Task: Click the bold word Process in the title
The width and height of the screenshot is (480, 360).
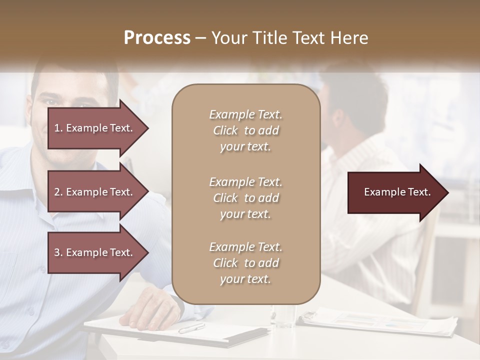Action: click(157, 38)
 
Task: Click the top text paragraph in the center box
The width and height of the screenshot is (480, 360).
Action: click(245, 130)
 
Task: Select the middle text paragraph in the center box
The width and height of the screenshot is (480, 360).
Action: click(245, 198)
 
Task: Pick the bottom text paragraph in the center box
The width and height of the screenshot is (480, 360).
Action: click(245, 263)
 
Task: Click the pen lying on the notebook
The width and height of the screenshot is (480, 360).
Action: click(191, 328)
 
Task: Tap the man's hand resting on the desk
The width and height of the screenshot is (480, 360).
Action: click(150, 314)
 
